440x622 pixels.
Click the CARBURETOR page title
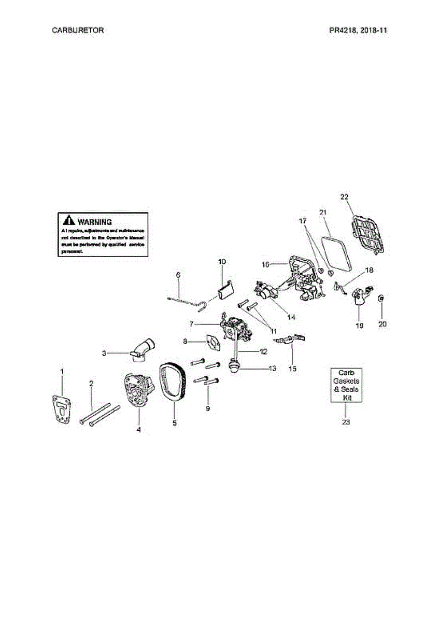coord(78,30)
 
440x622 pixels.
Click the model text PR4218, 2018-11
coord(358,30)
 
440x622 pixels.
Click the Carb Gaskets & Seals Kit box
coord(347,386)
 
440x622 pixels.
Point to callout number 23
coord(346,422)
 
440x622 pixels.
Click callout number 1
coord(62,371)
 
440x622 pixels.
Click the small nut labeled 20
coord(381,298)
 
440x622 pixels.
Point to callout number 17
coord(302,220)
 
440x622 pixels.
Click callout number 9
coord(207,408)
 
